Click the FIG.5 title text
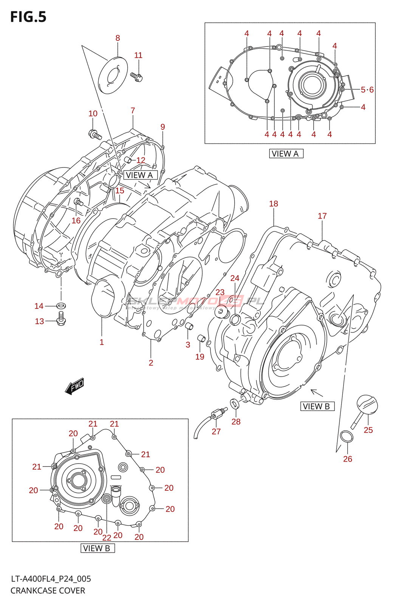click(28, 17)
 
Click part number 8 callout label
click(118, 38)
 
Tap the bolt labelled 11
click(136, 77)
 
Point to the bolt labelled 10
click(95, 134)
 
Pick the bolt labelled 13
click(60, 320)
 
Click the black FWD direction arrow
click(74, 386)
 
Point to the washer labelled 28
click(235, 404)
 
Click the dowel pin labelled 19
click(202, 338)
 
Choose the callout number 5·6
click(367, 90)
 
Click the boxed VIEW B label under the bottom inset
click(97, 548)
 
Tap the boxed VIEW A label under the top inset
click(286, 154)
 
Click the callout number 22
click(107, 538)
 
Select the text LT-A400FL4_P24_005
click(51, 579)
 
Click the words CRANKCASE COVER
click(48, 591)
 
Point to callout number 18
click(274, 204)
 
